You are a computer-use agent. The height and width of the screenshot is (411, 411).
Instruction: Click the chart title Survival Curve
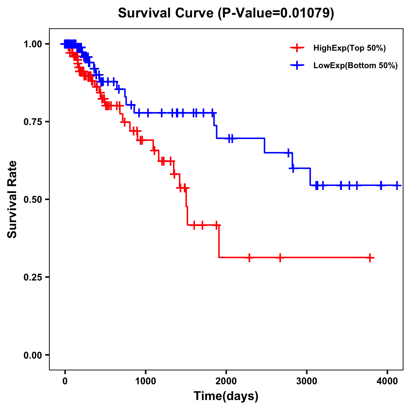click(166, 13)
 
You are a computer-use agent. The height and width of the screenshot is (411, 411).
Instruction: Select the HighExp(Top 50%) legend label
click(350, 48)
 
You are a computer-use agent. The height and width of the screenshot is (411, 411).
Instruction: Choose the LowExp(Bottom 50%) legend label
click(356, 66)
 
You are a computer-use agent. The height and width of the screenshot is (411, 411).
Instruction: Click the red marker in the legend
click(297, 48)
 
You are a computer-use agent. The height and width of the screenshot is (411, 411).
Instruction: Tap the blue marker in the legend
click(297, 65)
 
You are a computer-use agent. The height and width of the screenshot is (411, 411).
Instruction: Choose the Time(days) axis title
click(226, 396)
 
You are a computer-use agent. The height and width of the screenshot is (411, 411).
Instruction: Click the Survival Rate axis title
click(13, 199)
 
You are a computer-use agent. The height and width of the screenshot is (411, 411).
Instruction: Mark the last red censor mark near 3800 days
click(370, 258)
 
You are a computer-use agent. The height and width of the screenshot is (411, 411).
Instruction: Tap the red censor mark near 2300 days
click(249, 258)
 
